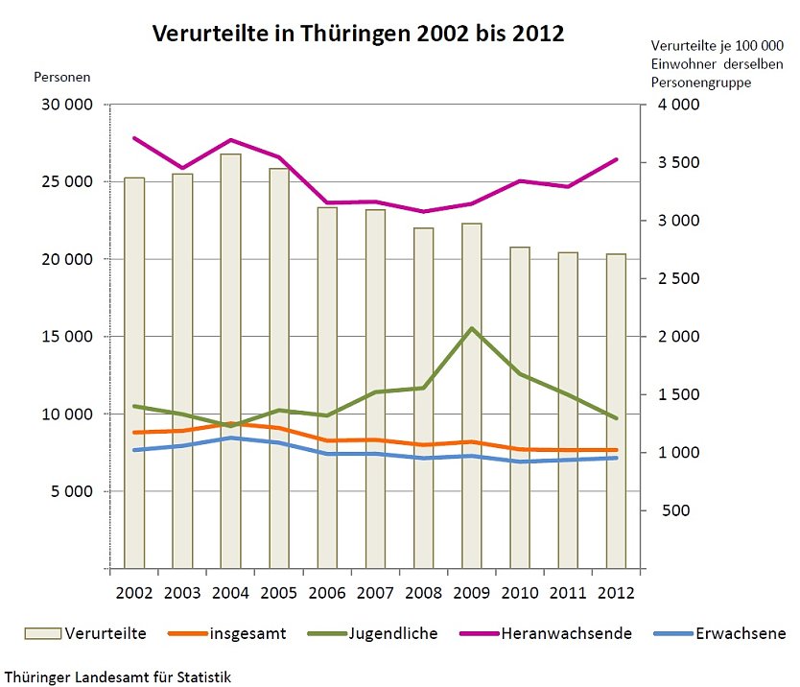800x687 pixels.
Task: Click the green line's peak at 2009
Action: pyautogui.click(x=471, y=328)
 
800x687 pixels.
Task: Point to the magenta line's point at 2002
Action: pyautogui.click(x=134, y=138)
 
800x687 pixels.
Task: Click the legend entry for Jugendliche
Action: pyautogui.click(x=373, y=633)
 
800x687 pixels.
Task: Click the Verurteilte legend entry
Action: pyautogui.click(x=86, y=633)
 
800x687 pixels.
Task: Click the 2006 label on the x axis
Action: pyautogui.click(x=327, y=592)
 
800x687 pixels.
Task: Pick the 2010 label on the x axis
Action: pyautogui.click(x=519, y=592)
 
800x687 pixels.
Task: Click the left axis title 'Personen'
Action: pyautogui.click(x=62, y=76)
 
